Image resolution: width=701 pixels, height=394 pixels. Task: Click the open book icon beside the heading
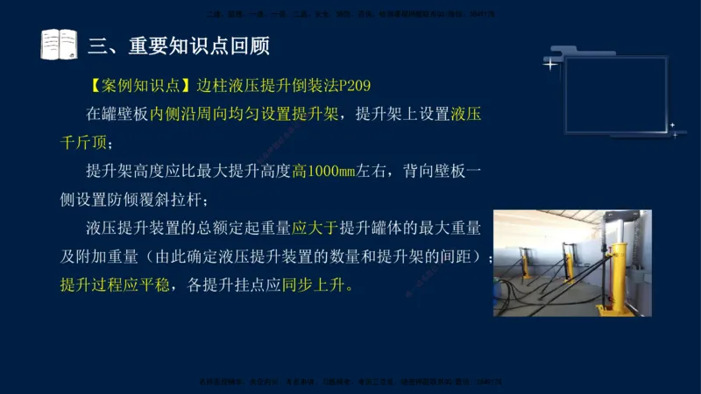pyautogui.click(x=59, y=44)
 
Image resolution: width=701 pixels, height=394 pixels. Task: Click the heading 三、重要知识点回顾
pyautogui.click(x=180, y=45)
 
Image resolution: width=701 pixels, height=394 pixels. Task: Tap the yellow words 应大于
pyautogui.click(x=314, y=229)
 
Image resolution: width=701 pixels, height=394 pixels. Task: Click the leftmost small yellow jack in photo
pyautogui.click(x=527, y=262)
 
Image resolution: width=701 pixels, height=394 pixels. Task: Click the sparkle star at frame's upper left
pyautogui.click(x=549, y=64)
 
